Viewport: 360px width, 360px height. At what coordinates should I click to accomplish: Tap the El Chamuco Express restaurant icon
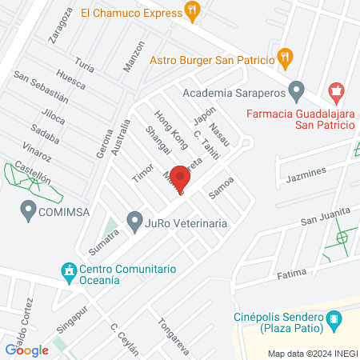(191, 11)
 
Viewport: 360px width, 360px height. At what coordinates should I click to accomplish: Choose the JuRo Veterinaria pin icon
(134, 219)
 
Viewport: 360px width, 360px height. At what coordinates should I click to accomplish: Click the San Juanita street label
(326, 214)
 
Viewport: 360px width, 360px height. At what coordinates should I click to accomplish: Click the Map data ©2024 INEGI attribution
(313, 353)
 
